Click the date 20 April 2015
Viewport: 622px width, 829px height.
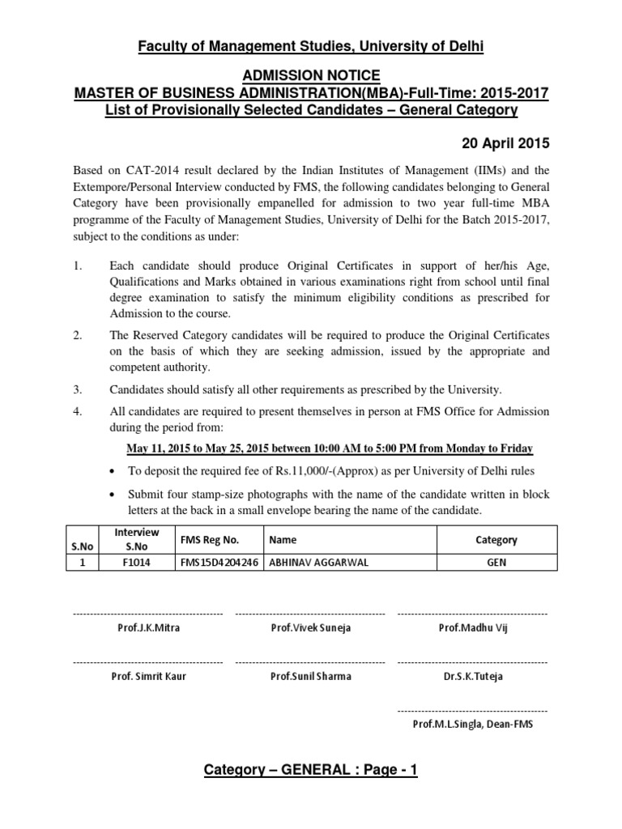click(505, 144)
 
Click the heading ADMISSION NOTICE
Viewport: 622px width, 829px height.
click(311, 75)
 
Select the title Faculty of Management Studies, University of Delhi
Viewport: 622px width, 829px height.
click(311, 47)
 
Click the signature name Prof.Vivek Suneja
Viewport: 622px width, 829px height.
click(311, 627)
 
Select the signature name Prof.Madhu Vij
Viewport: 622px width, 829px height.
click(473, 627)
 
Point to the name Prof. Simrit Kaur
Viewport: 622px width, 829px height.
click(148, 676)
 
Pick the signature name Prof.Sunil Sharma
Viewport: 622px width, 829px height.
click(311, 676)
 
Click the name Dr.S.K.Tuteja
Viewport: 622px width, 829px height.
click(473, 676)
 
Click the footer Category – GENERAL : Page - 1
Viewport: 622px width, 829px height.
click(311, 770)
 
